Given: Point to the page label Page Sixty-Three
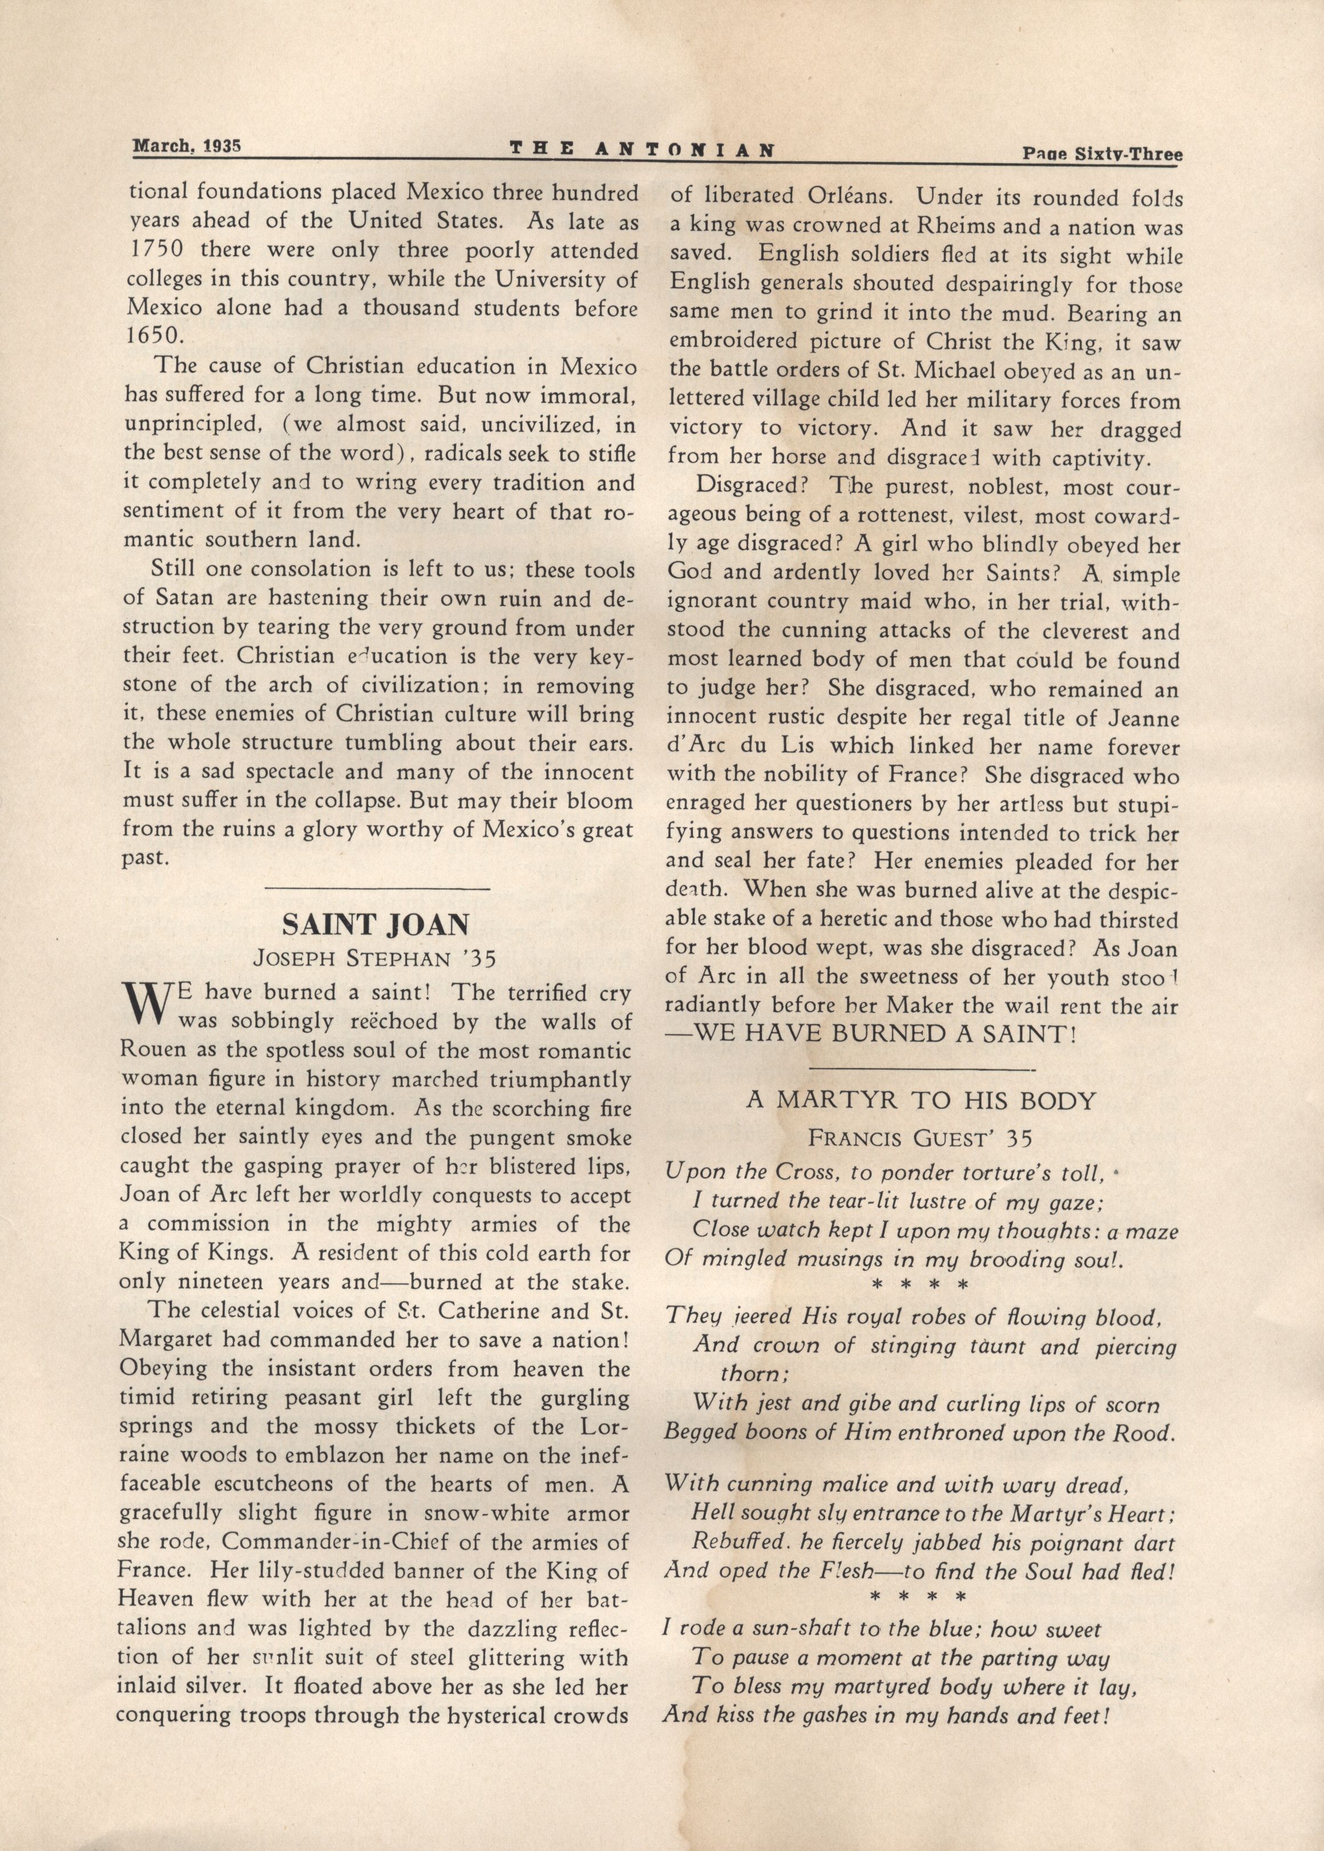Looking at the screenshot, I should point(1101,152).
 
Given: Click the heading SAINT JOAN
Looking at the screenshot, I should point(376,924).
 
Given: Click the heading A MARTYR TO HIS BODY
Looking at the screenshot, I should point(921,1100).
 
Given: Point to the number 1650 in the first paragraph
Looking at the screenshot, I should point(150,336).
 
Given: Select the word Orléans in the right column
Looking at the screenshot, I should point(843,196).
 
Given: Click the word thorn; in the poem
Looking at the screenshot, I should point(753,1373).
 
